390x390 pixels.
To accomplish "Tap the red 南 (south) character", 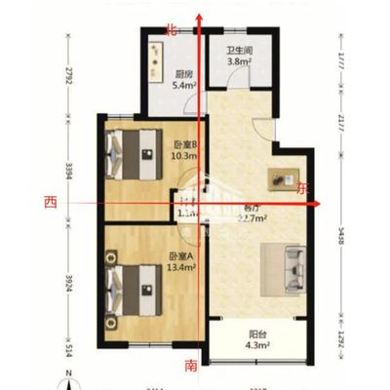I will [192, 366].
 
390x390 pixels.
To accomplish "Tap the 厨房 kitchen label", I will [182, 73].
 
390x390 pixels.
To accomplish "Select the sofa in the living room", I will [292, 265].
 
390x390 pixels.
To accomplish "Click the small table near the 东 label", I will [286, 178].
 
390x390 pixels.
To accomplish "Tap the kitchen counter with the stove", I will [156, 62].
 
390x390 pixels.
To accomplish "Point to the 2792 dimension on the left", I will [69, 75].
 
